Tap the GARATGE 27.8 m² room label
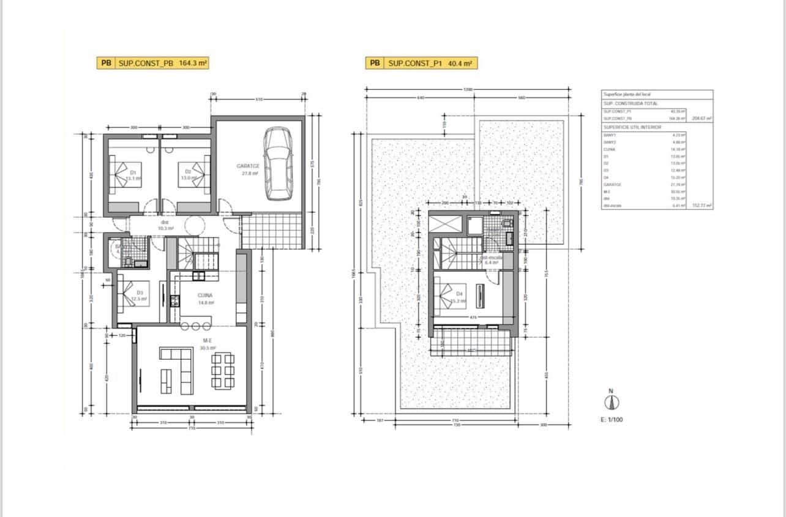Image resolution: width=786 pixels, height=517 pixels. [x=249, y=169]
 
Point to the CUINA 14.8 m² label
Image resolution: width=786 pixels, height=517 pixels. [x=205, y=299]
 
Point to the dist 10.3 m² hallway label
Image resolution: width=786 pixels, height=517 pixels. [x=165, y=225]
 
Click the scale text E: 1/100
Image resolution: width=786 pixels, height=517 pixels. [x=612, y=420]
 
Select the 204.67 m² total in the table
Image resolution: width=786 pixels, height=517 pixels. [x=702, y=119]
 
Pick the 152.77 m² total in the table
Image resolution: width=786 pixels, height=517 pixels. [x=702, y=206]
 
